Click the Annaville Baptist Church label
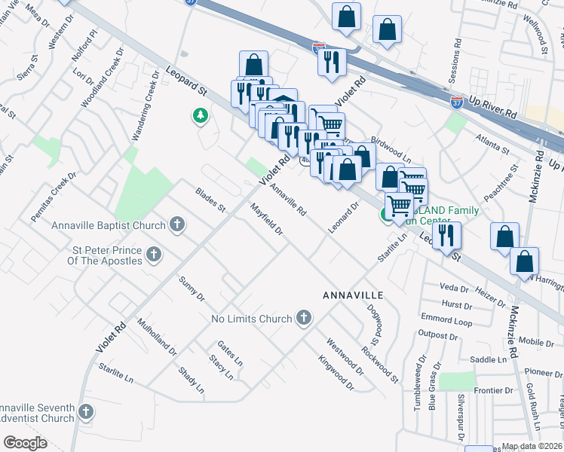pyautogui.click(x=108, y=225)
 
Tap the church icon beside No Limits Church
pyautogui.click(x=304, y=318)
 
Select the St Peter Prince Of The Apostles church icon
pyautogui.click(x=154, y=255)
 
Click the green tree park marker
pyautogui.click(x=200, y=116)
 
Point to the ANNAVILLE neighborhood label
pyautogui.click(x=353, y=294)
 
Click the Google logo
pyautogui.click(x=26, y=443)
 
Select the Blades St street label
pyautogui.click(x=210, y=200)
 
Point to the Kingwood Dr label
pyautogui.click(x=336, y=374)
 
